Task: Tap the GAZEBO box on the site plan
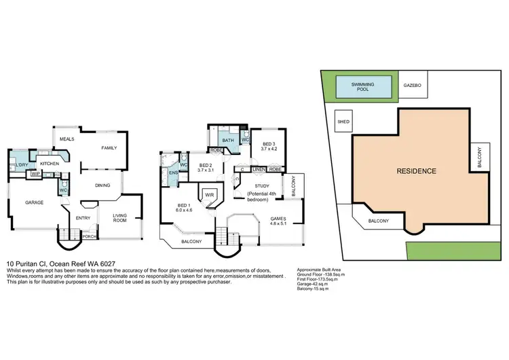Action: point(413,86)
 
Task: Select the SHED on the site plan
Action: point(341,122)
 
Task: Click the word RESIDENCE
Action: point(417,171)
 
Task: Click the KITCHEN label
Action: point(50,164)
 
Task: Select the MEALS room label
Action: point(67,139)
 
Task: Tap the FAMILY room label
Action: point(109,147)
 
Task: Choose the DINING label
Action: point(102,185)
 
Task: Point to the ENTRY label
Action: point(83,218)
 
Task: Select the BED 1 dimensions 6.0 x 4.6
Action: point(185,210)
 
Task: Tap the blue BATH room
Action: point(227,139)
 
